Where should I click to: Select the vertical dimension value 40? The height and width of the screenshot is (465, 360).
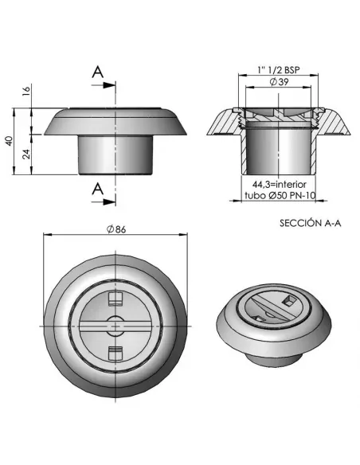tap(8, 140)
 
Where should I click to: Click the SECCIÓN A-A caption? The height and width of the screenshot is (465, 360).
tap(310, 224)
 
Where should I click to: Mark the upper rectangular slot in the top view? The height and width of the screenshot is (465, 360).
tap(114, 299)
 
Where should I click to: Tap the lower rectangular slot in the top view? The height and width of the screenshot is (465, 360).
tap(114, 351)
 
